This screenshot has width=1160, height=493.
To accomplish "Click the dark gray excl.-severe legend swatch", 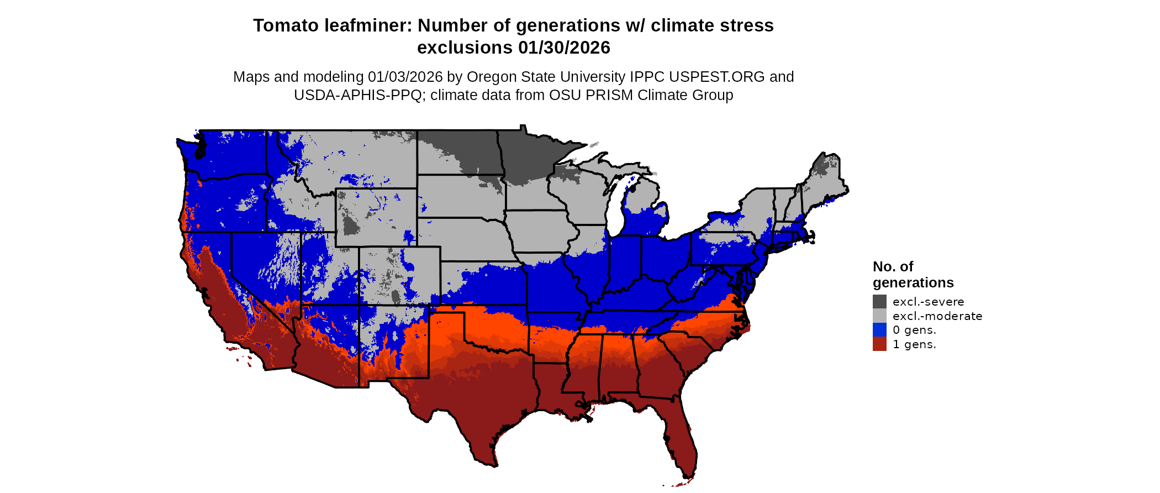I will pos(879,301).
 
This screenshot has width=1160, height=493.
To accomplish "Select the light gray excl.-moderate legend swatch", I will pos(879,316).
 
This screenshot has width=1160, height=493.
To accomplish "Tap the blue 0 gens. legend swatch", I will pos(879,330).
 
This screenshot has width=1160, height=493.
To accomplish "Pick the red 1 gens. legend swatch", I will pos(879,344).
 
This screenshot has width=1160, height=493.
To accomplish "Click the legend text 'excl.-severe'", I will pos(928,302).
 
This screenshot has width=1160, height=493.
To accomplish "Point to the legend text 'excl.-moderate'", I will pos(937,316).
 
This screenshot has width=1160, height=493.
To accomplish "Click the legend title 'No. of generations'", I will pos(913,275).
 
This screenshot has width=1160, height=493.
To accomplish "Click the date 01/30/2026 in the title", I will pos(564,48).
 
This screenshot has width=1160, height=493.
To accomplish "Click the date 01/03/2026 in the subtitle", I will pos(405,77).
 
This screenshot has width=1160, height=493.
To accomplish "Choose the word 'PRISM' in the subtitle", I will pos(609,95).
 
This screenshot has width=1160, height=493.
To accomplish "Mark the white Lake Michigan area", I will pos(616,210).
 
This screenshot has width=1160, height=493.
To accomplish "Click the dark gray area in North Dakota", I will pos(470,149).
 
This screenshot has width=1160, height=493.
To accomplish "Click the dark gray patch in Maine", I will pos(824,164).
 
